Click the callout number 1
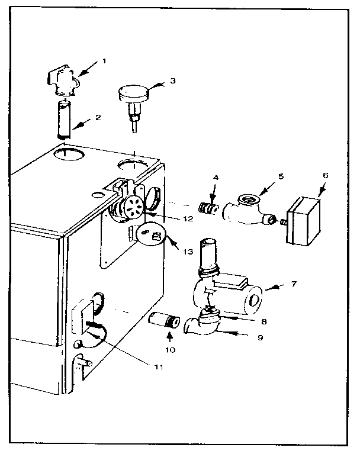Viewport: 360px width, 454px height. pyautogui.click(x=104, y=60)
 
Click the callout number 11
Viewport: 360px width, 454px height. pyautogui.click(x=159, y=365)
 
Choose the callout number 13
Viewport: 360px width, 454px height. pyautogui.click(x=188, y=251)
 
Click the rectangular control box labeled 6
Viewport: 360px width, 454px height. pyautogui.click(x=305, y=221)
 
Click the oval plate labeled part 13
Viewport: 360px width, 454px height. pyautogui.click(x=152, y=236)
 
